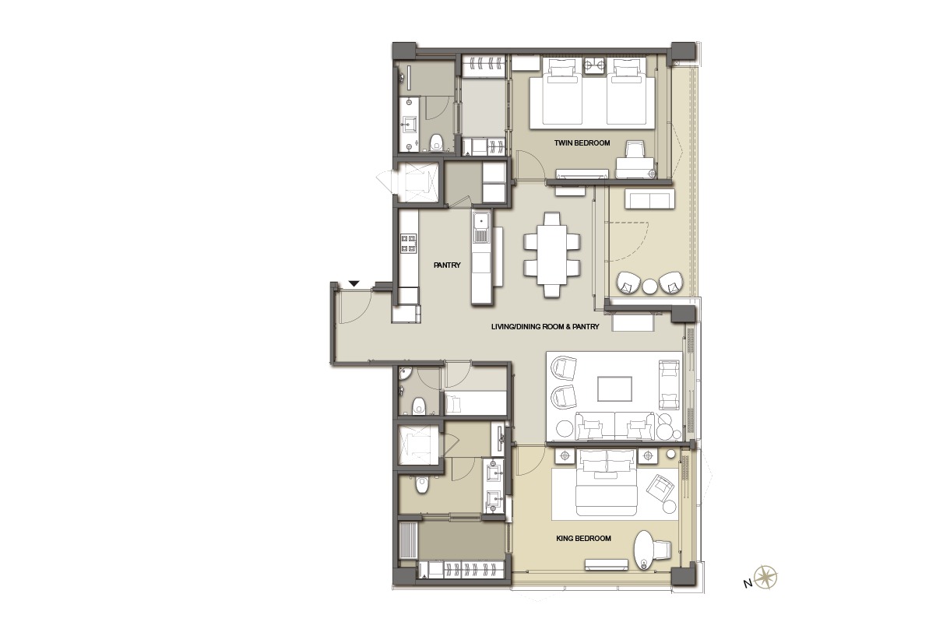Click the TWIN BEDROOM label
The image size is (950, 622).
tap(582, 143)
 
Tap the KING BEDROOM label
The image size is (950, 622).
tap(583, 539)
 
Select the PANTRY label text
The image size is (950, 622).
tap(447, 265)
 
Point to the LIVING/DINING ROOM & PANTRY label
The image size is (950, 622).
tap(545, 326)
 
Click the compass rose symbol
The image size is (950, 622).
tap(765, 577)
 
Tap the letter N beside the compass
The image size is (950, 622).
tap(748, 584)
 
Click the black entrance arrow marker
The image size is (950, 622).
tap(354, 283)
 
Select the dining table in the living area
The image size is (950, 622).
tap(552, 255)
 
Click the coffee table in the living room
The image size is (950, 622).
tap(614, 388)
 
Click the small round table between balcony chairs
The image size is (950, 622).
tap(649, 286)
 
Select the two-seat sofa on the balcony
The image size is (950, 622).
tap(649, 199)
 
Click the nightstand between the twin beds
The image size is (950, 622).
tap(594, 65)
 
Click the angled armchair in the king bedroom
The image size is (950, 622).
tap(660, 487)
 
